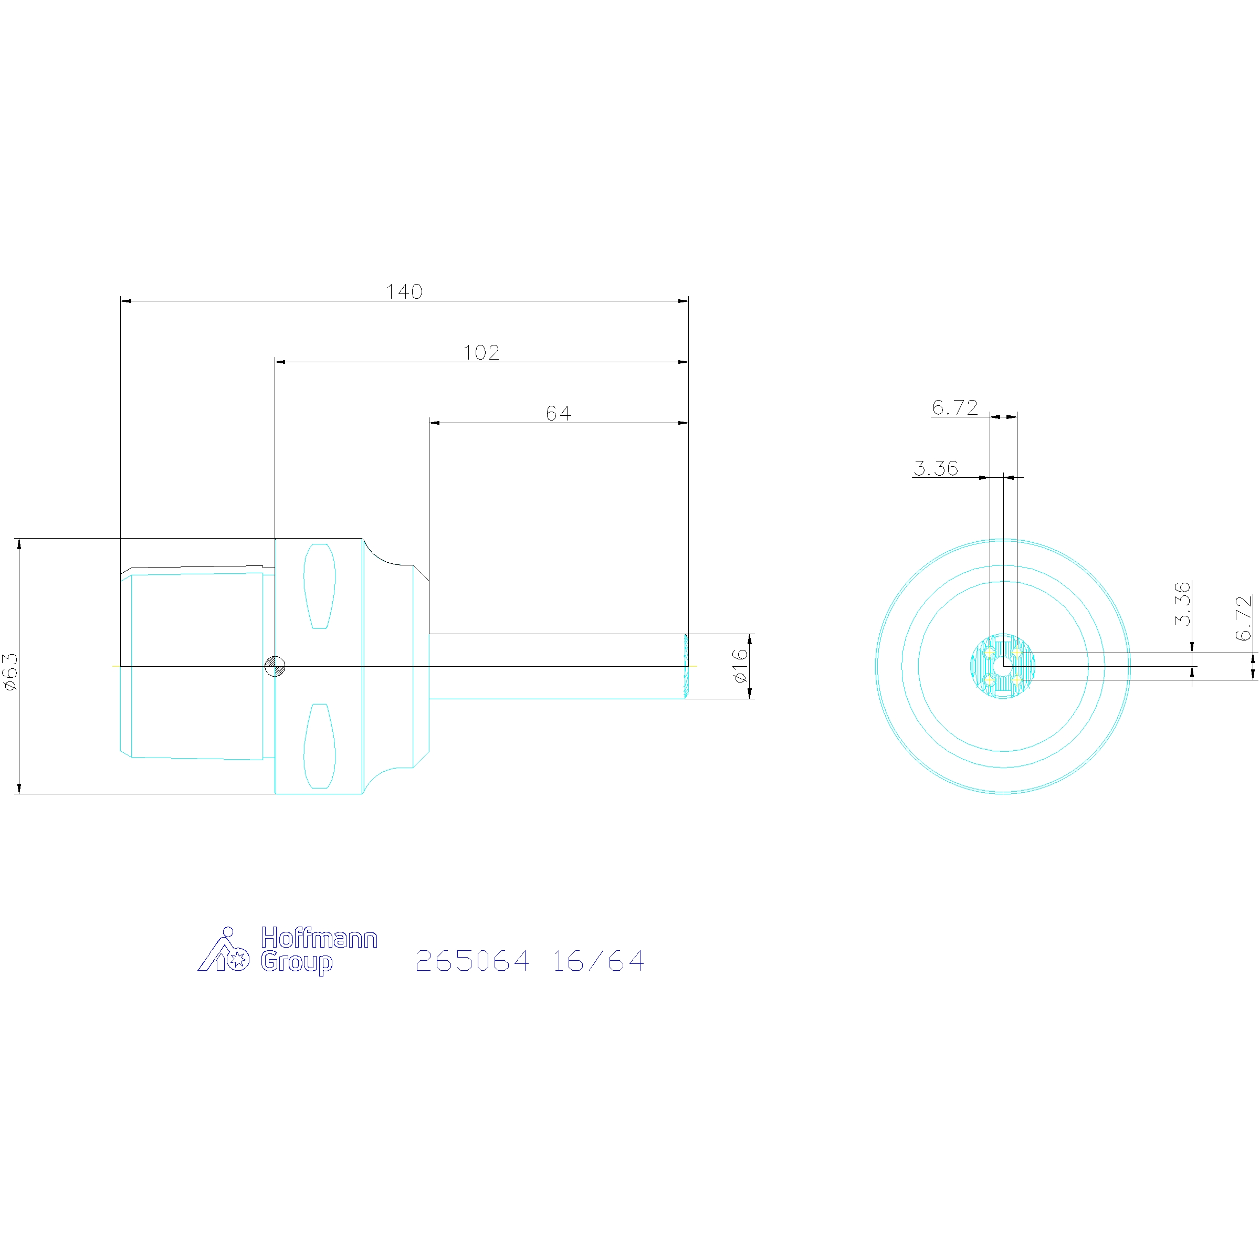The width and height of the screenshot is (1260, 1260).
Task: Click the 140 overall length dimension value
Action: [404, 291]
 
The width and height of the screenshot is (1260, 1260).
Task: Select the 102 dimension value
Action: [481, 352]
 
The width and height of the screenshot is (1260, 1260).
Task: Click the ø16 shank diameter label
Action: [740, 665]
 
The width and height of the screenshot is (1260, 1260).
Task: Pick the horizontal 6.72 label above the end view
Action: [955, 407]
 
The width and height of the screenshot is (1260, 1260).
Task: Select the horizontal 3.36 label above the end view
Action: [936, 468]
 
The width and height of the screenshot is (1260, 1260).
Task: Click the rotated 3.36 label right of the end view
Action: [1182, 603]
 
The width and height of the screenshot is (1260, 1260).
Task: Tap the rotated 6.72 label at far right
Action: [1243, 617]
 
